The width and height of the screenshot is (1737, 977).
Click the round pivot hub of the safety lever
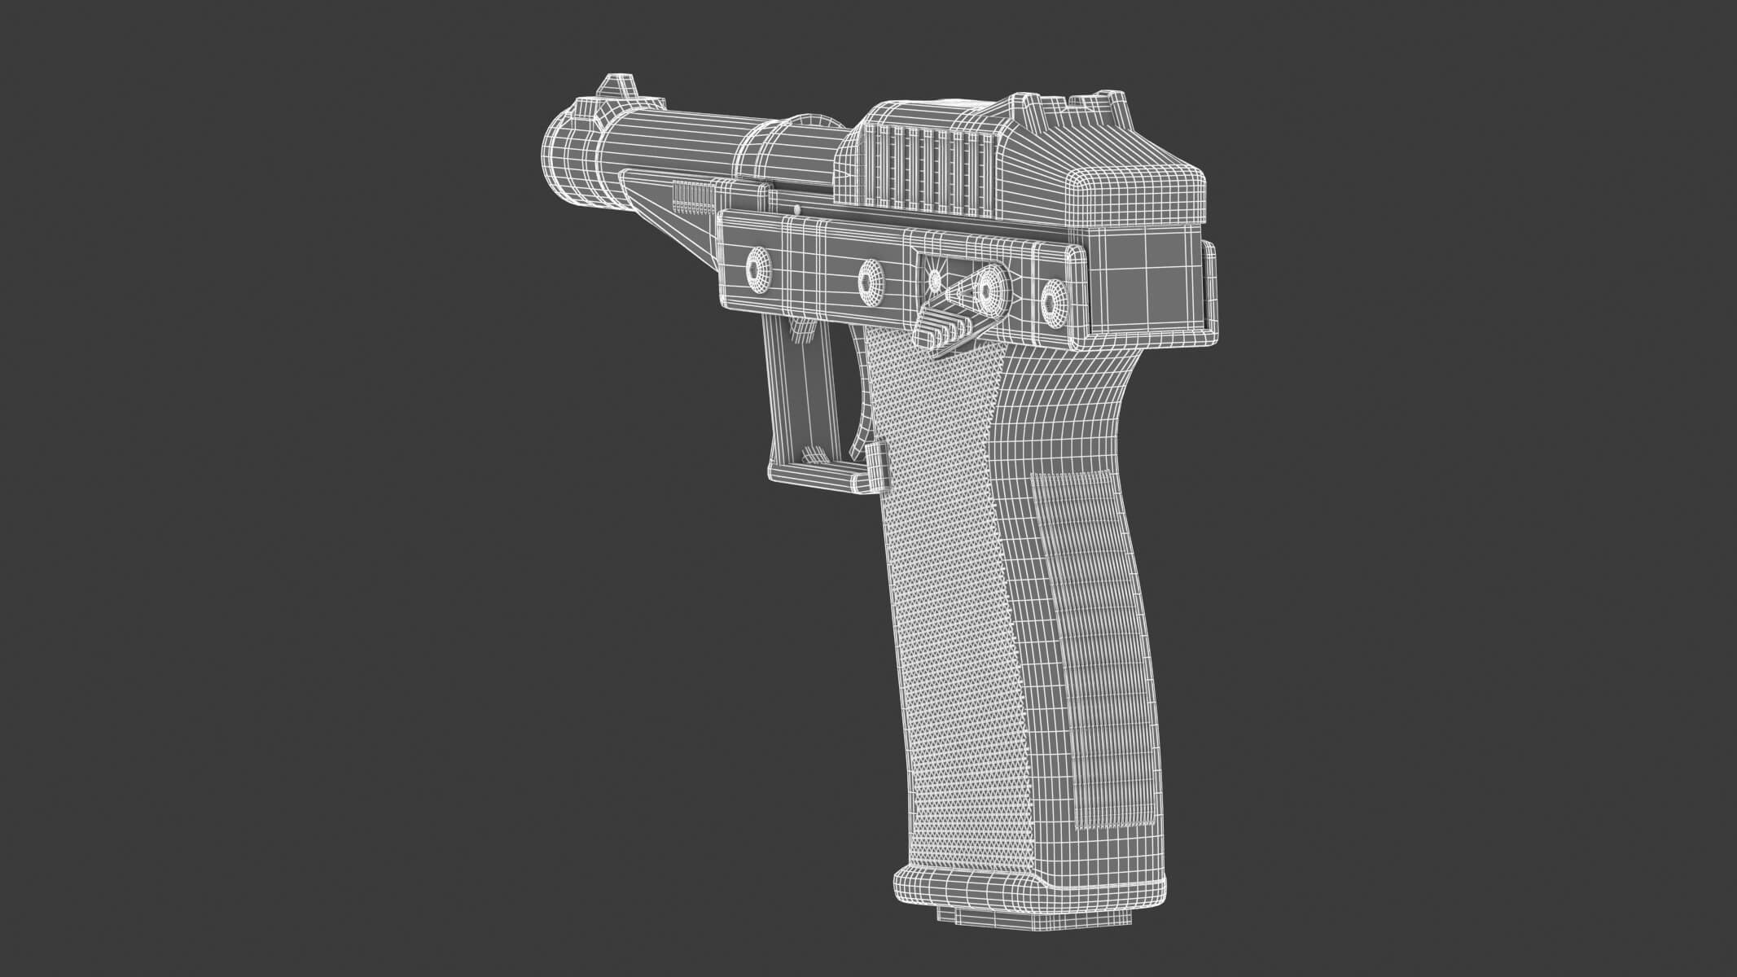click(989, 290)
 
